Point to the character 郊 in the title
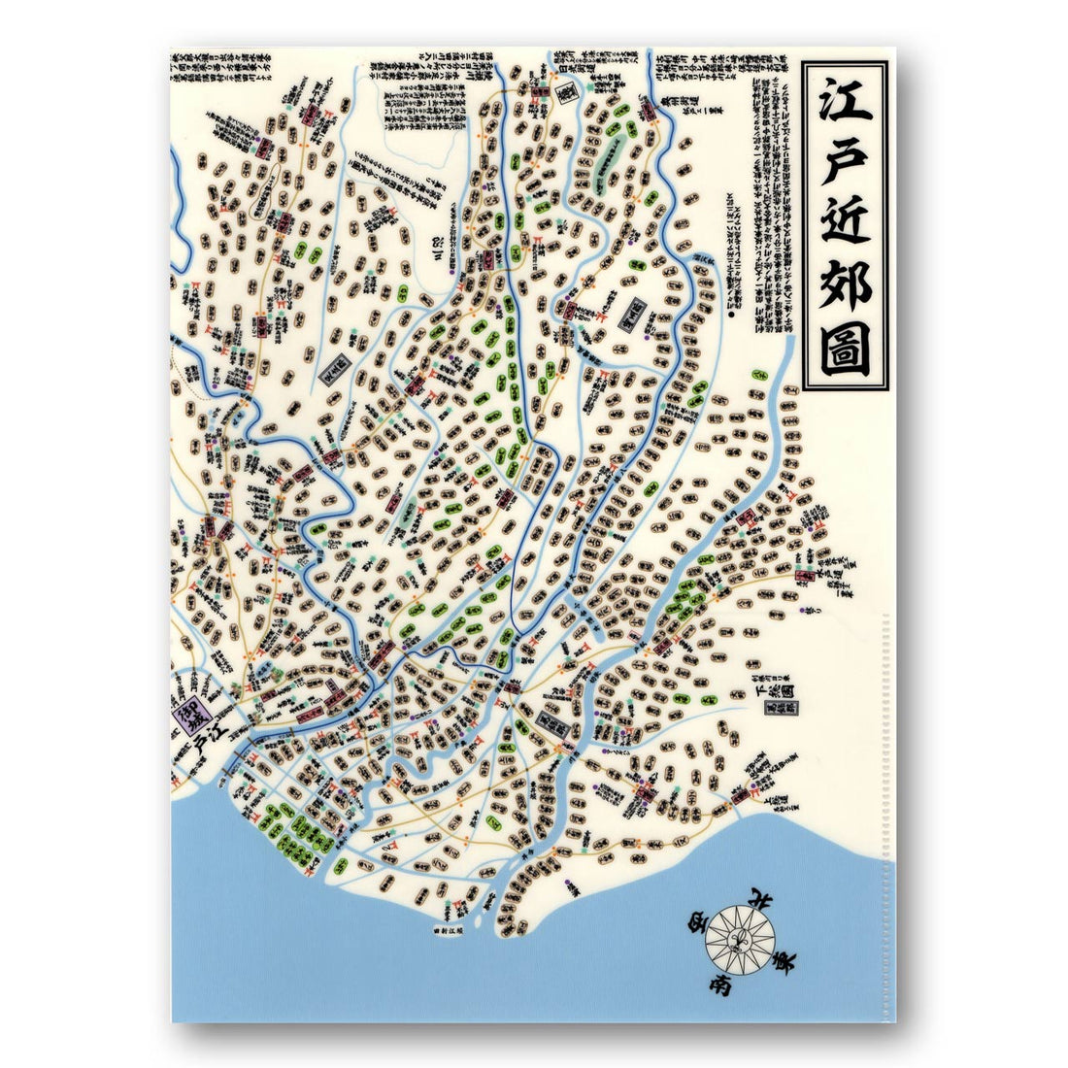tap(844, 286)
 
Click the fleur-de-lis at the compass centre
tap(740, 937)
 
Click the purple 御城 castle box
tap(184, 720)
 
